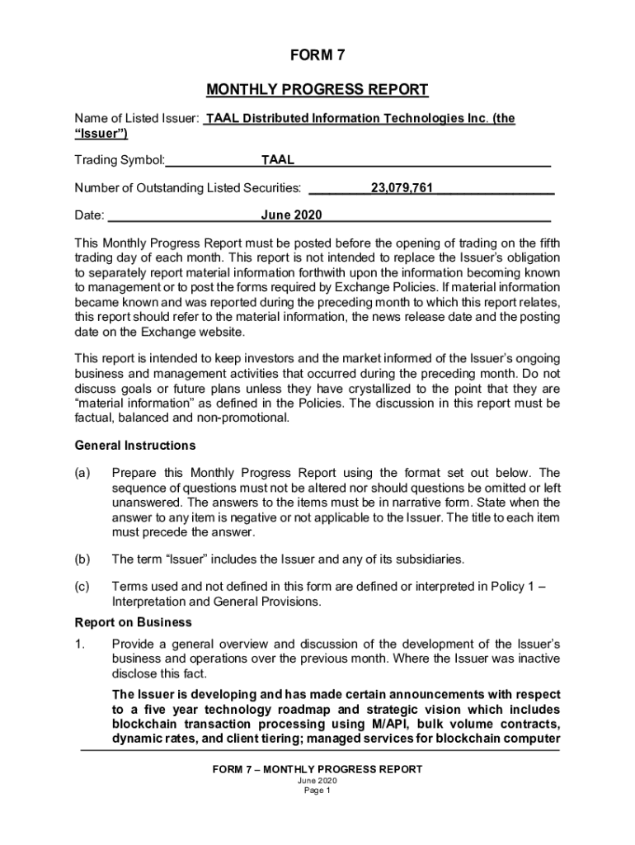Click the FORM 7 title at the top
pyautogui.click(x=317, y=56)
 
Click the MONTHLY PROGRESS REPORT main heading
pyautogui.click(x=317, y=89)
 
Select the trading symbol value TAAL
pyautogui.click(x=278, y=160)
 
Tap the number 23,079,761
pyautogui.click(x=402, y=188)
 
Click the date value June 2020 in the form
pyautogui.click(x=291, y=216)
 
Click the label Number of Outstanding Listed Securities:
pyautogui.click(x=187, y=188)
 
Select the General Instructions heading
pyautogui.click(x=135, y=446)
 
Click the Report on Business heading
pyautogui.click(x=133, y=622)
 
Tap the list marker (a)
pyautogui.click(x=83, y=473)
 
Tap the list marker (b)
pyautogui.click(x=83, y=559)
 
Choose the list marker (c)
pyautogui.click(x=83, y=586)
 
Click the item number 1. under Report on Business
pyautogui.click(x=80, y=643)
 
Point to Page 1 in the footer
pyautogui.click(x=317, y=791)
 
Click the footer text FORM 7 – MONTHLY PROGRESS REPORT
pyautogui.click(x=317, y=769)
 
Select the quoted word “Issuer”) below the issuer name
pyautogui.click(x=101, y=133)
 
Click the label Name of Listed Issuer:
pyautogui.click(x=136, y=119)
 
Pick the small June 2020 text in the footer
pyautogui.click(x=317, y=781)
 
